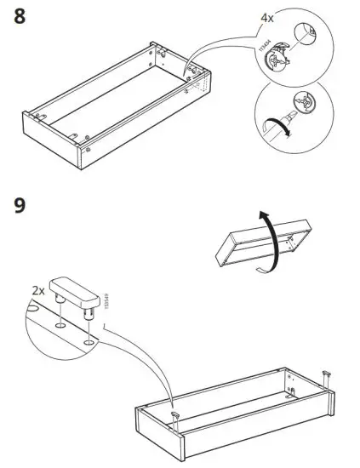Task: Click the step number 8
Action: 25,16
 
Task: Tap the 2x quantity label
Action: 39,290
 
